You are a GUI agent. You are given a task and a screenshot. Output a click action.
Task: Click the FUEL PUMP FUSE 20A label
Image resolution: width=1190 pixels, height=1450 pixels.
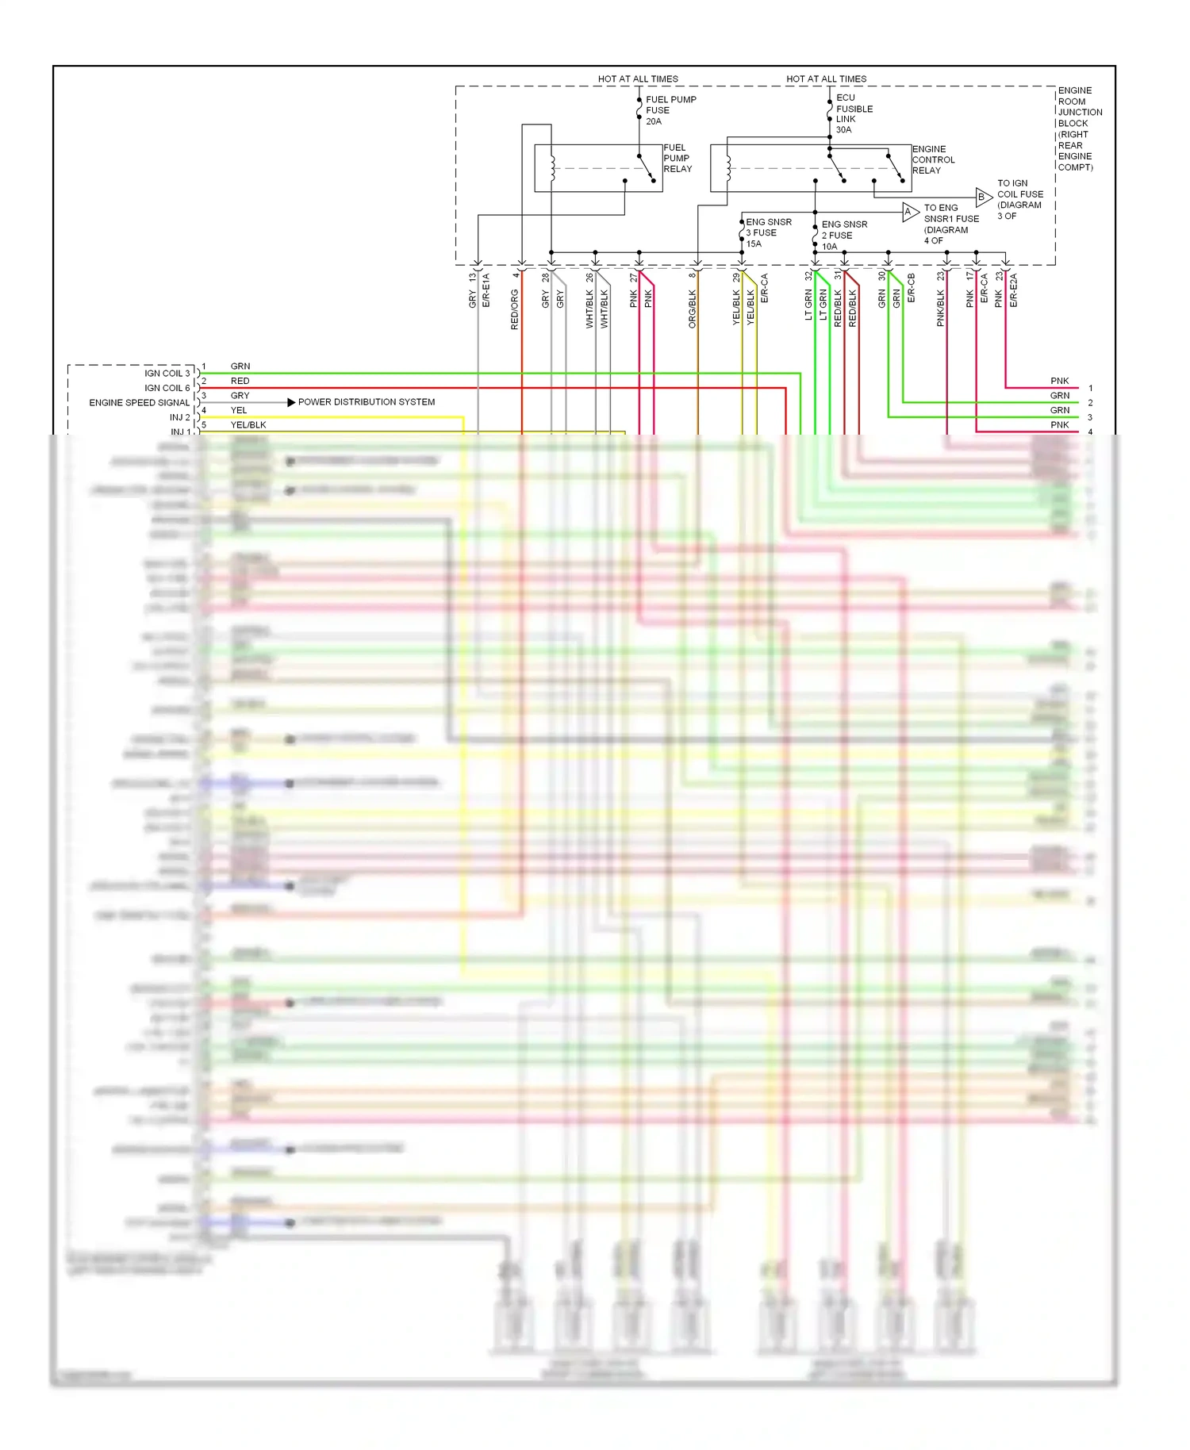pos(670,110)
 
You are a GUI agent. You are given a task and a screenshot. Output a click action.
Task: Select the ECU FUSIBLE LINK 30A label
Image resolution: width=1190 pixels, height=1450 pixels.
pos(854,113)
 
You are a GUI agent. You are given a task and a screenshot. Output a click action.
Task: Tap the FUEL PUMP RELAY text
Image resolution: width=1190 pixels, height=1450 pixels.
pos(678,158)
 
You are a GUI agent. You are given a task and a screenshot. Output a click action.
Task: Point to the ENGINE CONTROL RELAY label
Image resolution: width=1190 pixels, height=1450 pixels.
pos(933,159)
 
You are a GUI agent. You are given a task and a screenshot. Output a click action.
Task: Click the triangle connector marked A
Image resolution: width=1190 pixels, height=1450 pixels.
pos(909,212)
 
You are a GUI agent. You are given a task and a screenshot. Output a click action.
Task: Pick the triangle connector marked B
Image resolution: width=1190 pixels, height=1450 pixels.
pos(982,197)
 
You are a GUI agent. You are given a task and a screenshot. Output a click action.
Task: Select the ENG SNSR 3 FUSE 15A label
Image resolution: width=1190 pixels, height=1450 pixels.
pos(768,232)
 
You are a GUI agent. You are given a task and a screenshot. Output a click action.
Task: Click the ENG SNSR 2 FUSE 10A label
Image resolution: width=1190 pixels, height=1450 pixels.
pos(843,235)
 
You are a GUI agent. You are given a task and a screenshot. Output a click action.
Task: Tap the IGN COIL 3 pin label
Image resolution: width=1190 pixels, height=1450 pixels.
pos(167,373)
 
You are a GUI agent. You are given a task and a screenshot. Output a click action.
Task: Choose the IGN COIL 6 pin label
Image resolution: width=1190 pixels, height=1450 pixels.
pos(167,388)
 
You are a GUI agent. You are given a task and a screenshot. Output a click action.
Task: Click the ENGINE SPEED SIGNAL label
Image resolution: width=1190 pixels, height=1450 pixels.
pos(139,402)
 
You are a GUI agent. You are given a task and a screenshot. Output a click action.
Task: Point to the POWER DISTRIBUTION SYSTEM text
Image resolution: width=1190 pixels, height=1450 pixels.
pos(366,402)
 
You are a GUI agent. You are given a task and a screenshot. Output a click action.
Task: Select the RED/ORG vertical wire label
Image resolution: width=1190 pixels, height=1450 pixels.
pos(514,309)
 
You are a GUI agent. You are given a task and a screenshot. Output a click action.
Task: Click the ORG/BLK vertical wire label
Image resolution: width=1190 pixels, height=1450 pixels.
pos(692,309)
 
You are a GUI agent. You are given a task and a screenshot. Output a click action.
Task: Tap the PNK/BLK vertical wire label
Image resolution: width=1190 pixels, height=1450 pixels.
pos(940,308)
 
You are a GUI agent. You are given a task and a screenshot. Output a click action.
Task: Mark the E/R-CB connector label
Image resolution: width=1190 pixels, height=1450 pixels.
pos(911,289)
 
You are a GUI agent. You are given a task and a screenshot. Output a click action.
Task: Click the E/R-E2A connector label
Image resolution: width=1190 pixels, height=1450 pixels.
pos(1013,290)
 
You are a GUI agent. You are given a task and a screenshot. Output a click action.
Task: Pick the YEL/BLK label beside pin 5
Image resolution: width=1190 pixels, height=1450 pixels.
pos(248,425)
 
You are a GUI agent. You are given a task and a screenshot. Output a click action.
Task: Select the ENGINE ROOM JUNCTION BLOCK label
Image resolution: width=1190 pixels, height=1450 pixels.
pos(1079,129)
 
